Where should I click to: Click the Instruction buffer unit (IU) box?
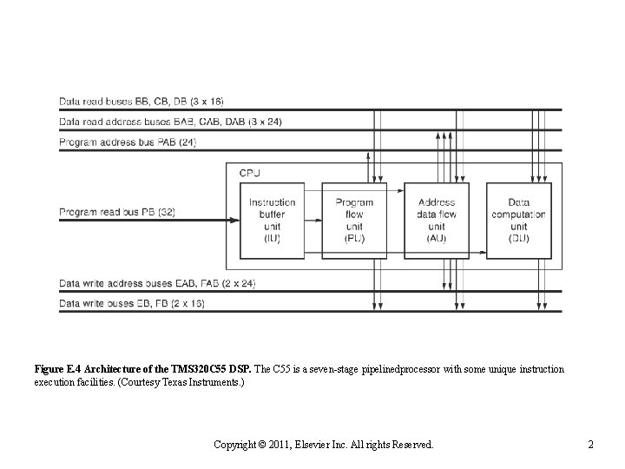pyautogui.click(x=272, y=221)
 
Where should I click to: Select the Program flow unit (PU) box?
pyautogui.click(x=354, y=221)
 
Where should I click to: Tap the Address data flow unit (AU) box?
pyautogui.click(x=436, y=221)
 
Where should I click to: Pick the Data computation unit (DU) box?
pyautogui.click(x=517, y=221)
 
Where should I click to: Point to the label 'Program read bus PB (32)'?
pyautogui.click(x=128, y=210)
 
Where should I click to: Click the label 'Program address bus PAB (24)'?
pyautogui.click(x=128, y=142)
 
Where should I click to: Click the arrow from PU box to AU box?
pyautogui.click(x=396, y=188)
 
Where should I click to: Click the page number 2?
pyautogui.click(x=590, y=445)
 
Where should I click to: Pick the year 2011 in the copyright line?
pyautogui.click(x=277, y=445)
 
